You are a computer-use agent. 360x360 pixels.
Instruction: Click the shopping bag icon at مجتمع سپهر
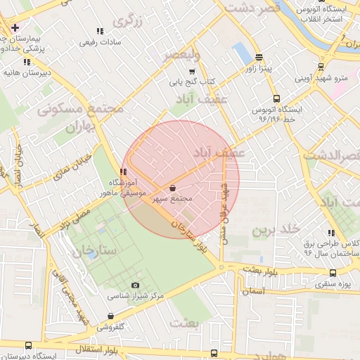click(173, 188)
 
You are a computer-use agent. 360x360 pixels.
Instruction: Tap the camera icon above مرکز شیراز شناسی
click(135, 285)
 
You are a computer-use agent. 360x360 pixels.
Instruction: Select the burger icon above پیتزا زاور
click(259, 58)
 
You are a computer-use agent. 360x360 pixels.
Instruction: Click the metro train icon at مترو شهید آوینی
click(321, 67)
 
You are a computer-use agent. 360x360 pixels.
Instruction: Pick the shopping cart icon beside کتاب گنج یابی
click(192, 72)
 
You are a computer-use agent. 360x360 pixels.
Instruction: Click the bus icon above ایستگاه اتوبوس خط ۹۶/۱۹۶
click(276, 99)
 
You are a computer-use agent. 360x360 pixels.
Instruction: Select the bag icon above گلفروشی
click(110, 316)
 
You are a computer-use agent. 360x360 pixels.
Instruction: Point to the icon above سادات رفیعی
click(100, 32)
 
